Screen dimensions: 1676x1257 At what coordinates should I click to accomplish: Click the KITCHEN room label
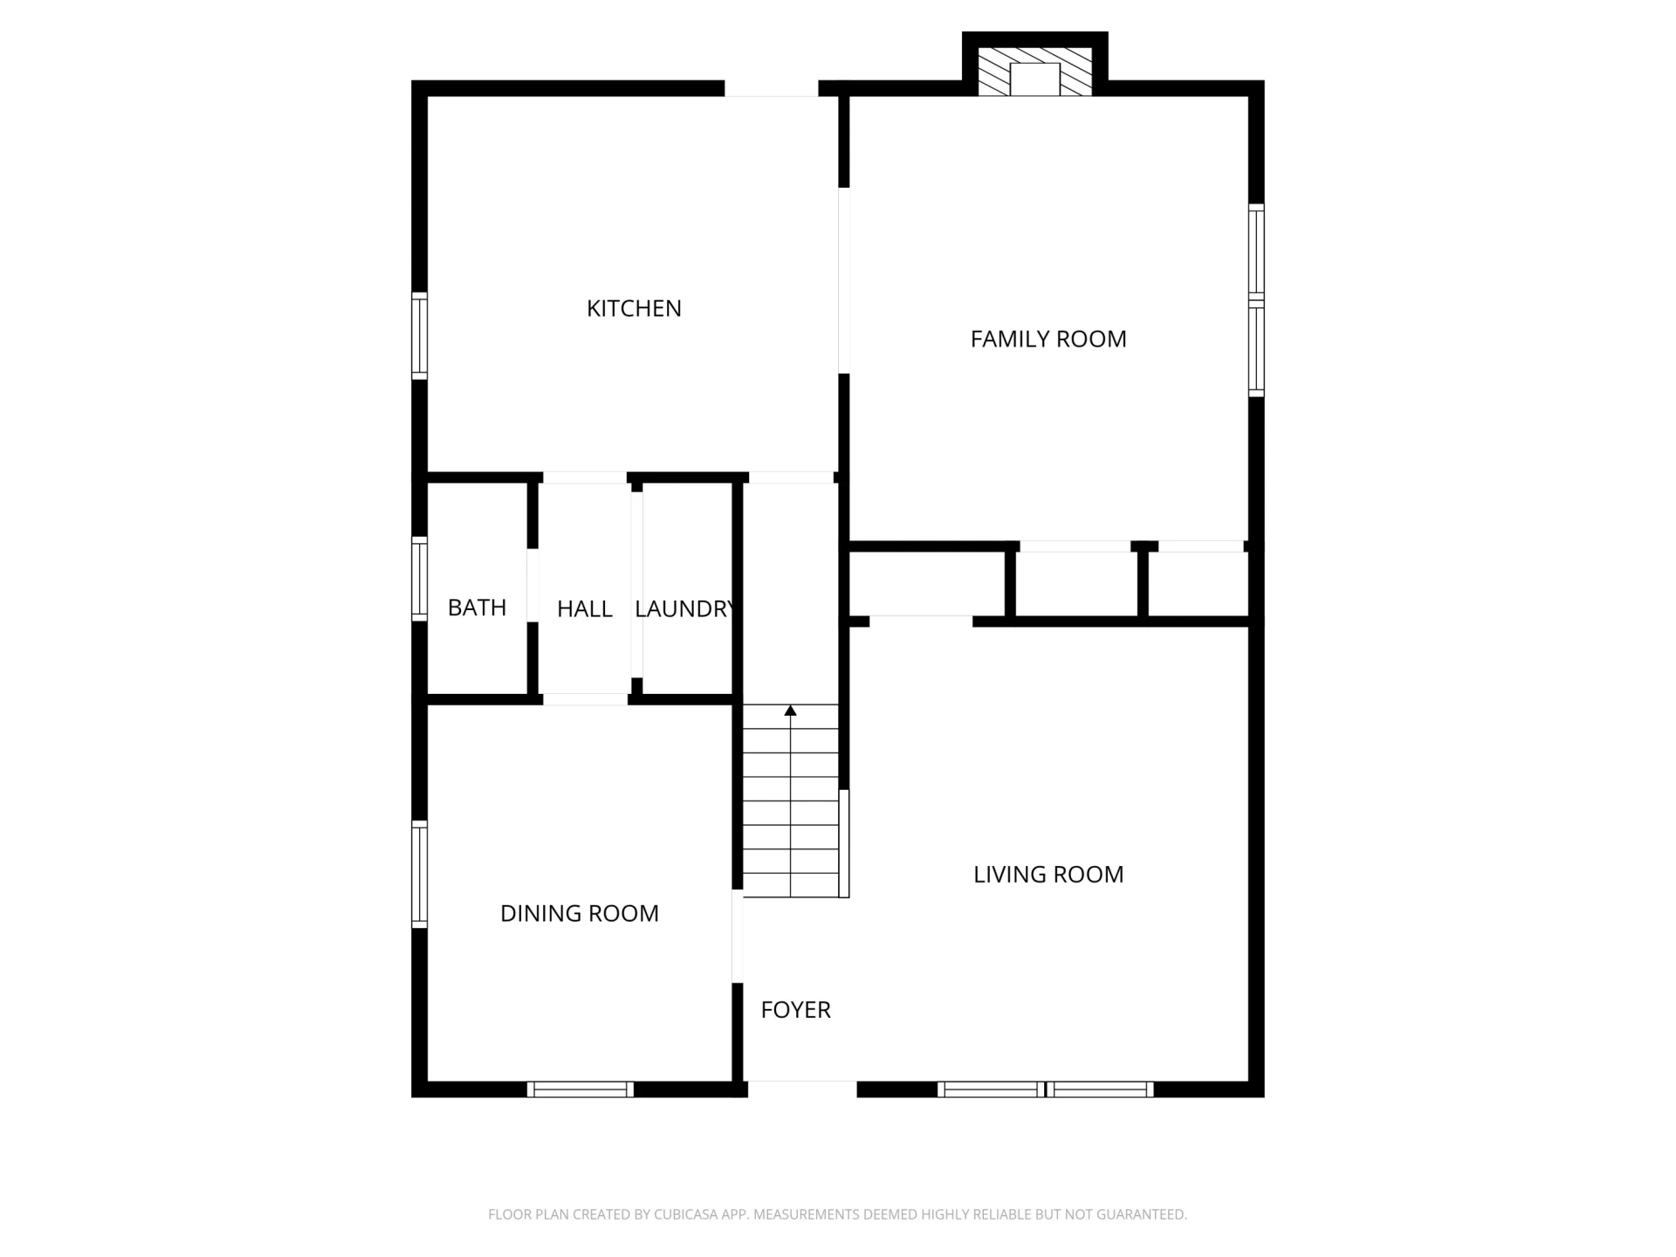tap(634, 308)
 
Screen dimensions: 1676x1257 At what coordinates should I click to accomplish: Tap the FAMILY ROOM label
tap(1048, 339)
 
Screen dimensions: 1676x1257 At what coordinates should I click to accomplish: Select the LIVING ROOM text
tap(1048, 874)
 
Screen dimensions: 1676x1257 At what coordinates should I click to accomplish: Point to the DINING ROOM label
tap(580, 913)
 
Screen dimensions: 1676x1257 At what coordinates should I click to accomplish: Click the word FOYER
tap(795, 1009)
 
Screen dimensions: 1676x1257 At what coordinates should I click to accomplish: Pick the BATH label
tap(477, 608)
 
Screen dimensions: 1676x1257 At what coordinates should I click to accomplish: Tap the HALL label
tap(585, 608)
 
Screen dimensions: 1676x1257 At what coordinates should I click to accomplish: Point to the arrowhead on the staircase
tap(791, 711)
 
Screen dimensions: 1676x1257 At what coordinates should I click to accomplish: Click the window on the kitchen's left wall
tap(420, 336)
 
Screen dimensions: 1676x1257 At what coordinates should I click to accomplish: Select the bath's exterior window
tap(420, 579)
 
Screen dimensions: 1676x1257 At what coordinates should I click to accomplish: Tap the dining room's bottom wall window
tap(580, 1089)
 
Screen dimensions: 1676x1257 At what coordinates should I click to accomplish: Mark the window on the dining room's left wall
tap(420, 874)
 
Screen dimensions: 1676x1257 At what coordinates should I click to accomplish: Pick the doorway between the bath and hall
tap(532, 586)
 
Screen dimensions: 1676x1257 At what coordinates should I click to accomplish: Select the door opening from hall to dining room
tap(585, 699)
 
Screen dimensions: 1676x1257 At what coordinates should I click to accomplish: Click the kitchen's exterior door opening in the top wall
tap(771, 88)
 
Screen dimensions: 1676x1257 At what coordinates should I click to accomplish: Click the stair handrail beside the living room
tap(844, 843)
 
